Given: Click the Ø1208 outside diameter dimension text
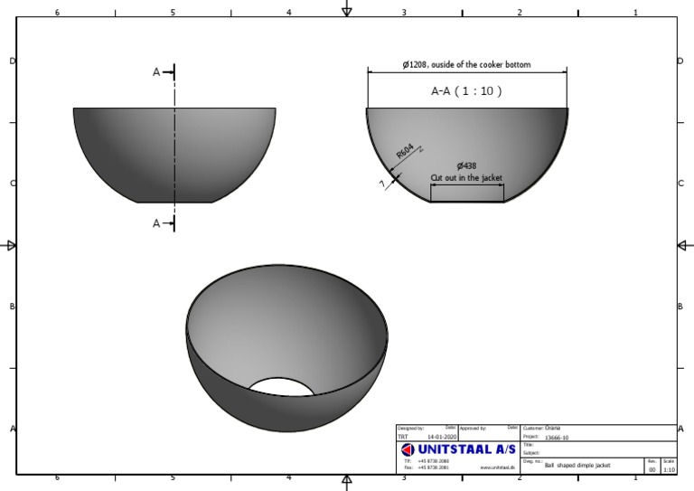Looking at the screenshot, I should pyautogui.click(x=466, y=65).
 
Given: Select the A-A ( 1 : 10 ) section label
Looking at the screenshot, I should pyautogui.click(x=466, y=90).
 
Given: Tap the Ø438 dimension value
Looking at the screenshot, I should pyautogui.click(x=466, y=165).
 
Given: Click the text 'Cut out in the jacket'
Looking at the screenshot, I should pyautogui.click(x=466, y=178).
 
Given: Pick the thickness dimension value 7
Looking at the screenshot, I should pyautogui.click(x=383, y=184).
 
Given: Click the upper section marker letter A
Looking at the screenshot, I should pyautogui.click(x=156, y=72).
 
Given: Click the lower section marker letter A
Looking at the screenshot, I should pyautogui.click(x=156, y=223).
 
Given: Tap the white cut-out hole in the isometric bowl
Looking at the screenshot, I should pyautogui.click(x=281, y=388).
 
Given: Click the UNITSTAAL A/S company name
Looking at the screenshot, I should pyautogui.click(x=466, y=449).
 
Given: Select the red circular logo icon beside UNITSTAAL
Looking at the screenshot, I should pyautogui.click(x=407, y=449).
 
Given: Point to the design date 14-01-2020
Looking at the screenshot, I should pyautogui.click(x=442, y=437).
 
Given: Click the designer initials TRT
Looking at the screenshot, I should pyautogui.click(x=402, y=437).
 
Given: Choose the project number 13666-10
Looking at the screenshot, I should pyautogui.click(x=557, y=437).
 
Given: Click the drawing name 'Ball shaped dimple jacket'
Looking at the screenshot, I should pyautogui.click(x=577, y=466).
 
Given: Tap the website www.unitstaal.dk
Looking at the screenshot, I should pyautogui.click(x=497, y=467).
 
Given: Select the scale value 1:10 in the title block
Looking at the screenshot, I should pyautogui.click(x=669, y=469).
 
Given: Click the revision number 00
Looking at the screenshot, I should pyautogui.click(x=652, y=469).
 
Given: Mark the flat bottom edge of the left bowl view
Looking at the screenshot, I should pyautogui.click(x=174, y=202).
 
